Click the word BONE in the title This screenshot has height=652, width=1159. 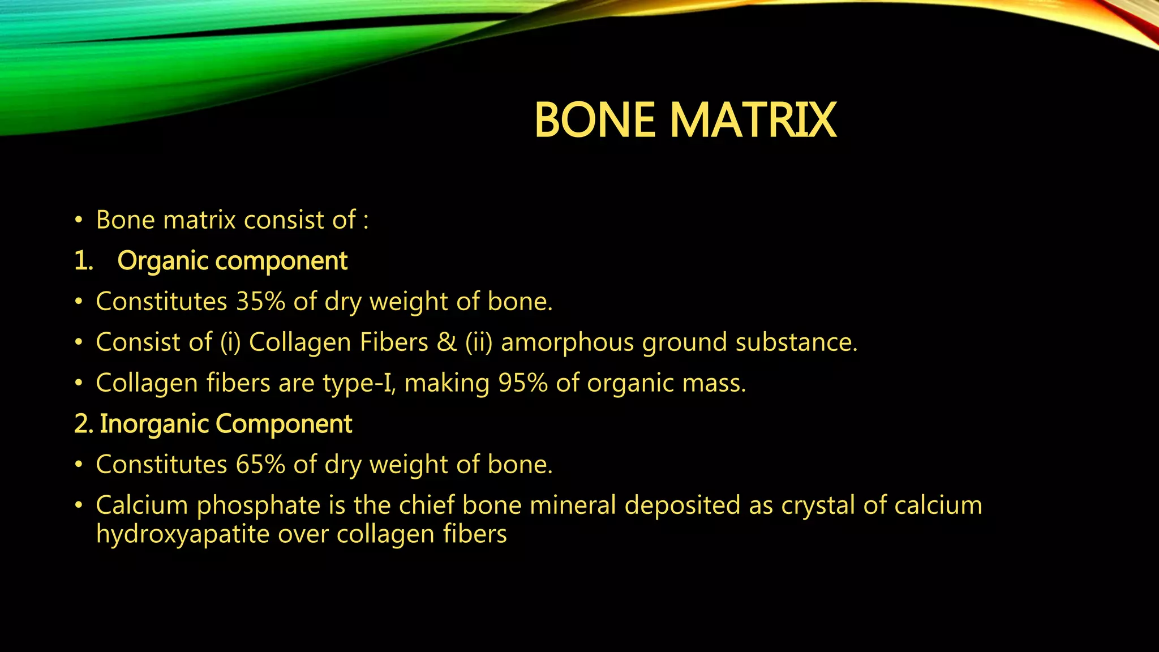(595, 120)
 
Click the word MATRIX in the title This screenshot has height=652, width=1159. (753, 120)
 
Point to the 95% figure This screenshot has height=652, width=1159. (523, 383)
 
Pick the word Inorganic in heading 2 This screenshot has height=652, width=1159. (154, 424)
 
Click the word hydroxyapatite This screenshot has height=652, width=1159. (182, 534)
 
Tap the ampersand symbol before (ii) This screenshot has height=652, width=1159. (447, 342)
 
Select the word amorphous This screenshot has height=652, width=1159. (567, 342)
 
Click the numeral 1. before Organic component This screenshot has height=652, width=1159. (83, 261)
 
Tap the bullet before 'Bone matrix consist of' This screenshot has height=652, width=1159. (79, 220)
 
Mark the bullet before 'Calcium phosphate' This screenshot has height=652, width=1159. (79, 505)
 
